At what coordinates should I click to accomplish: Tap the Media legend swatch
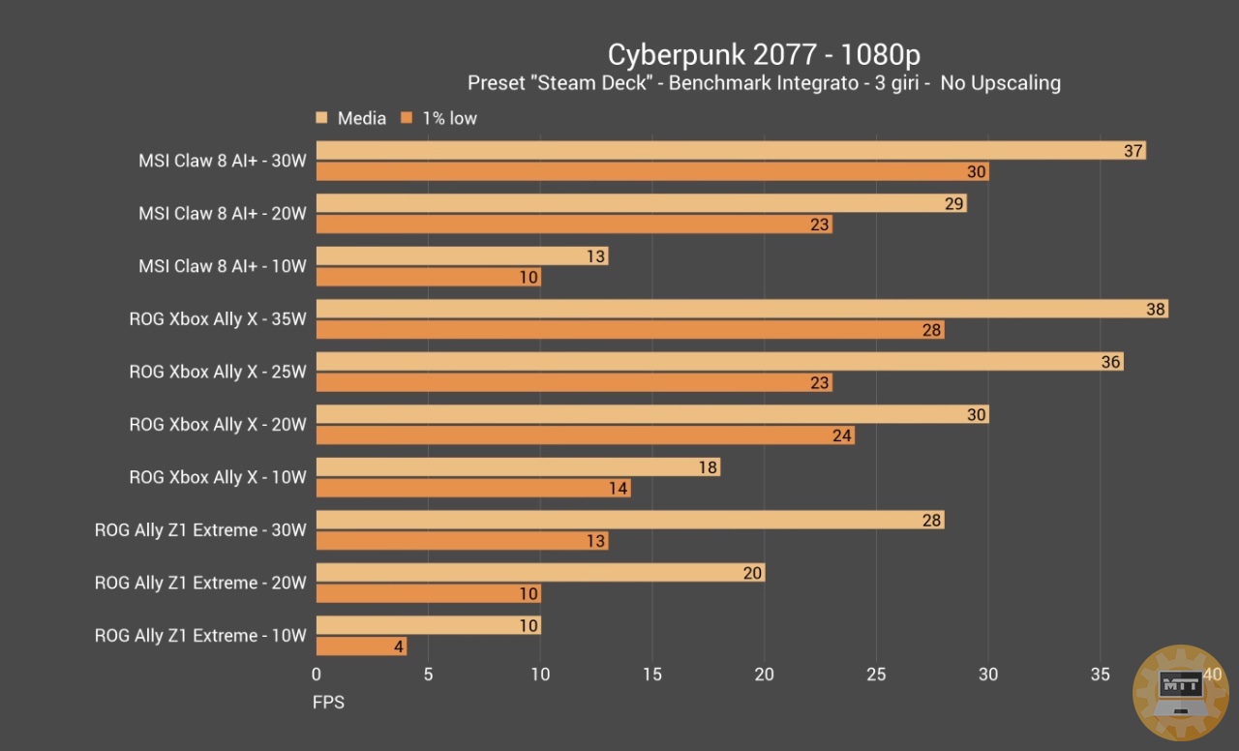click(322, 118)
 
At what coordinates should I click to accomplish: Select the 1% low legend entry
click(449, 118)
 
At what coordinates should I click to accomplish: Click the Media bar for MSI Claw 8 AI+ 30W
click(731, 150)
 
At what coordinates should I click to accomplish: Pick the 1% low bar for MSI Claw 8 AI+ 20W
click(574, 225)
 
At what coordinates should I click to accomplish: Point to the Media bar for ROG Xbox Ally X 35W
click(741, 309)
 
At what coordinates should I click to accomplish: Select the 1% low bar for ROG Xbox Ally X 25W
click(574, 382)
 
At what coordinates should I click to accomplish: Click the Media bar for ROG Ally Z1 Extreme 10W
click(428, 625)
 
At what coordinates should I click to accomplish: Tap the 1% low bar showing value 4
click(361, 646)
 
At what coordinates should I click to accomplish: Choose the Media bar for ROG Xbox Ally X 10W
click(518, 467)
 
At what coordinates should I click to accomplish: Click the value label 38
click(1156, 309)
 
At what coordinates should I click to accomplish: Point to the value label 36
click(1111, 362)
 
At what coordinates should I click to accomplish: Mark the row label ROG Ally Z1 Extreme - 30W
click(200, 530)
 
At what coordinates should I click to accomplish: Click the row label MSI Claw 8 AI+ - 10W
click(222, 266)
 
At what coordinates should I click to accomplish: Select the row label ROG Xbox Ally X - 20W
click(218, 425)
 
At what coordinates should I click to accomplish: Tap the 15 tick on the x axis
click(652, 675)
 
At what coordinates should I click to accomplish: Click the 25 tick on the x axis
click(876, 675)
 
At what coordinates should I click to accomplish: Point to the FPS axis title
click(328, 702)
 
